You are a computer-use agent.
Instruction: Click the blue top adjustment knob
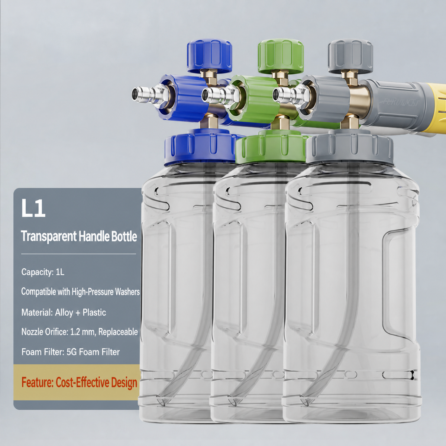209,56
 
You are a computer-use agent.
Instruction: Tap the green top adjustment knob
281,56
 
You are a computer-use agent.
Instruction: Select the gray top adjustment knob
350,56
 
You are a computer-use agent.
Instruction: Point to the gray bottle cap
349,147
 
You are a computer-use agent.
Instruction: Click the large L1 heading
33,208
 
